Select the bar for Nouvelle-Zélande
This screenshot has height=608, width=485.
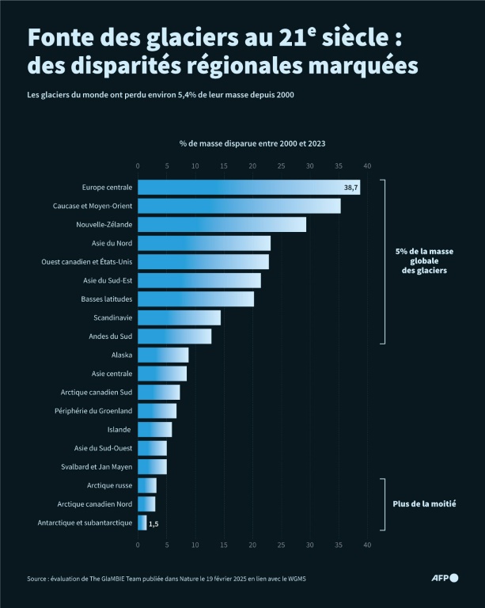tap(222, 225)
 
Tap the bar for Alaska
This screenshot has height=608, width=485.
tap(163, 355)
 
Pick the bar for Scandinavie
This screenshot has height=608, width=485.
tap(179, 317)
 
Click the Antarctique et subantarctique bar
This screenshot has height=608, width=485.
tap(142, 522)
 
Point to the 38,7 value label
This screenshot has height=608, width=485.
tap(350, 188)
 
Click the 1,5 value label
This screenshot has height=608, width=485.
tap(153, 523)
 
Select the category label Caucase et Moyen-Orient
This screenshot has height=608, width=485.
tap(93, 206)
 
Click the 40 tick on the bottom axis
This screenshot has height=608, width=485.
tap(367, 545)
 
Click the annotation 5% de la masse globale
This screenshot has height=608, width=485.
tap(424, 261)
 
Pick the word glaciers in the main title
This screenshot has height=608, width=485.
tap(190, 37)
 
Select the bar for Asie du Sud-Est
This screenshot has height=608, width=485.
tap(199, 280)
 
